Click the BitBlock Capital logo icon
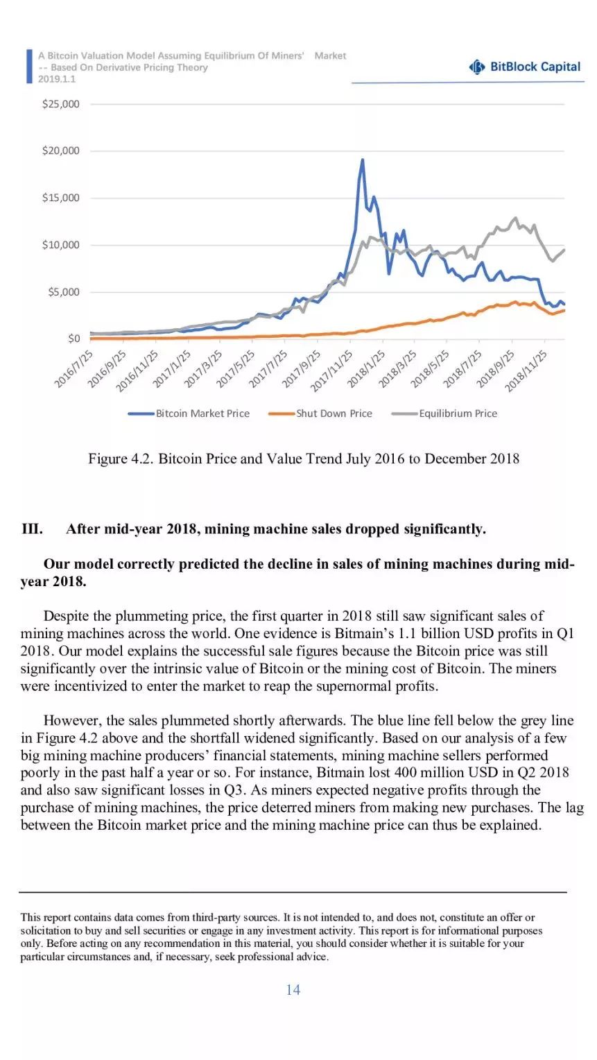point(477,67)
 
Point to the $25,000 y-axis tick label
point(60,104)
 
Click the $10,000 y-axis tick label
point(60,245)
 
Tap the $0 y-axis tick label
point(73,339)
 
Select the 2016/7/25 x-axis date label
point(73,368)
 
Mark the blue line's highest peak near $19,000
point(363,160)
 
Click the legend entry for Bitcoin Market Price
point(189,413)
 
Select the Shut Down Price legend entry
point(320,413)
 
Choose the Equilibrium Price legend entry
point(444,413)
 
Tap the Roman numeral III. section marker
point(32,529)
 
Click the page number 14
point(293,989)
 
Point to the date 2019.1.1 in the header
point(57,79)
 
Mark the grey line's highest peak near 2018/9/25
point(516,218)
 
